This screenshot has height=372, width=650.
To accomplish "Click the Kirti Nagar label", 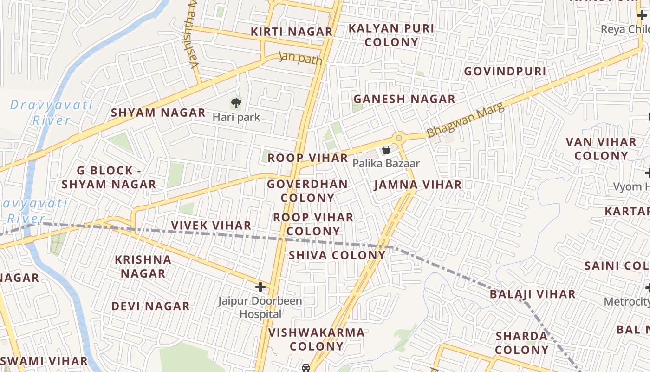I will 292,32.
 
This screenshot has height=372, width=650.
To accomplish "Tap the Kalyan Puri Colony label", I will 391,35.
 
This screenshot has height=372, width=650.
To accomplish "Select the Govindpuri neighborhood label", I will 505,71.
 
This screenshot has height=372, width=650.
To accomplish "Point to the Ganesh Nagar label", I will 404,99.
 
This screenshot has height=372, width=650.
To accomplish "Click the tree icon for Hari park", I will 236,103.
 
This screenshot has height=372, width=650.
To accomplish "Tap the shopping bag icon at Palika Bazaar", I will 386,150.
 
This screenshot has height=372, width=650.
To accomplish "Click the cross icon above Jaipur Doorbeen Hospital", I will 260,287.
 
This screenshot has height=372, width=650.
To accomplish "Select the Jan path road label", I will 300,58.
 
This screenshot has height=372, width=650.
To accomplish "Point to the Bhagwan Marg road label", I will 465,120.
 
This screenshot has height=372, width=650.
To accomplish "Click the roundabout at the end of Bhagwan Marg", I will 398,138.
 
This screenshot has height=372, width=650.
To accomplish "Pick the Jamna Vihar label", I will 418,185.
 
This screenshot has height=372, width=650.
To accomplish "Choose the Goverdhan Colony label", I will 307,191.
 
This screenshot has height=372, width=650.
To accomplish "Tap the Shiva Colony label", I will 337,255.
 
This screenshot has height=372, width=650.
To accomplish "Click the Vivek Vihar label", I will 211,226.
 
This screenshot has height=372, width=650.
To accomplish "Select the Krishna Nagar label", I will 143,266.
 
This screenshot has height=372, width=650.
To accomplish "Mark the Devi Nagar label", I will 150,306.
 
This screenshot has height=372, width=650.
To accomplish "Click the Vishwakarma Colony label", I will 316,339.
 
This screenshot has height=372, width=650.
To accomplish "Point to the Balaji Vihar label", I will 533,294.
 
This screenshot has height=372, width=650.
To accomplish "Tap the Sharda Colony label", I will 522,343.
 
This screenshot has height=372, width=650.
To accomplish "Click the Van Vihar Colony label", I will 601,148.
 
